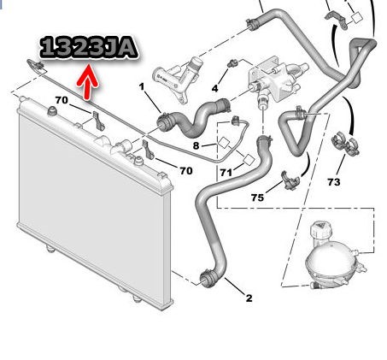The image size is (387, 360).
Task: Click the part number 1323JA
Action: [89, 47]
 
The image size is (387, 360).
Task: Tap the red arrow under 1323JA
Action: [88, 82]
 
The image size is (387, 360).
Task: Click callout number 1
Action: [142, 86]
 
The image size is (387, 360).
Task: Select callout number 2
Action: [249, 298]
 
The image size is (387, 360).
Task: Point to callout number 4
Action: [215, 88]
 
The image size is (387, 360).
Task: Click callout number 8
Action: [196, 145]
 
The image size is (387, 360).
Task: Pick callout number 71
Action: [226, 173]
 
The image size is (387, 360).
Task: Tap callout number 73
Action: [334, 181]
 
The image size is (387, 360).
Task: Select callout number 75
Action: [257, 198]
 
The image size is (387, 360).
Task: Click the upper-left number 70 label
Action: [62, 100]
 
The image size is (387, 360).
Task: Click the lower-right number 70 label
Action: [186, 170]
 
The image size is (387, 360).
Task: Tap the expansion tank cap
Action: [320, 229]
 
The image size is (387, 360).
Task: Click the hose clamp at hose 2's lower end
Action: [208, 279]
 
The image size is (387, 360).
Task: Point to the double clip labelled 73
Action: [345, 144]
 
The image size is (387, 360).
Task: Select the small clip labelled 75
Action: [290, 180]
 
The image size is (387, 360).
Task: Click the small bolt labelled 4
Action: [232, 63]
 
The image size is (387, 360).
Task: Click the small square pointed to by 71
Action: [249, 160]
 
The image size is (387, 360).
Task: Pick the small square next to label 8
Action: [224, 143]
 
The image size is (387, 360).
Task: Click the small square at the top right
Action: [356, 18]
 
